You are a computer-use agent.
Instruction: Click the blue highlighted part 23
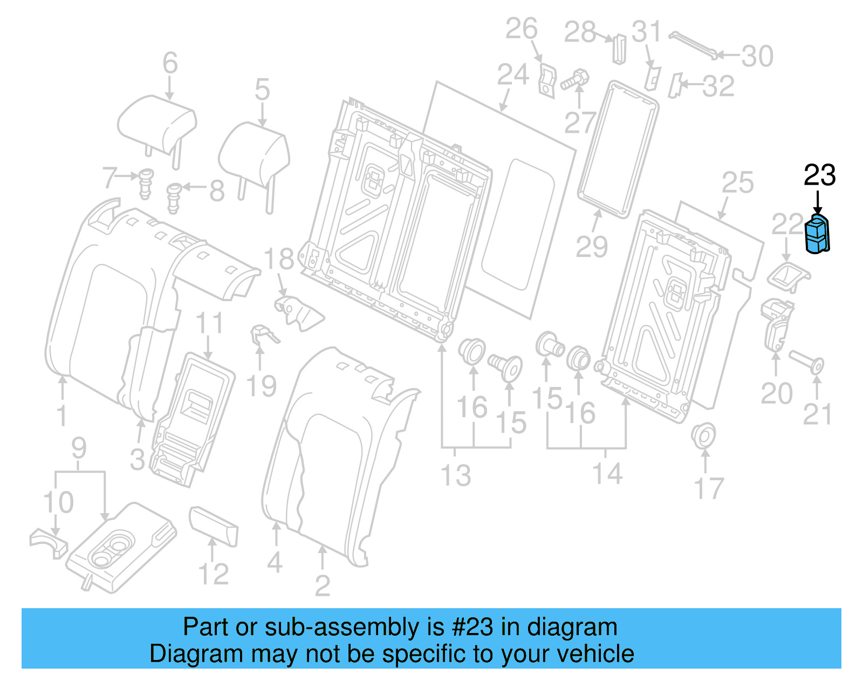(817, 234)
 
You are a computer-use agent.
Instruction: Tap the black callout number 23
(819, 175)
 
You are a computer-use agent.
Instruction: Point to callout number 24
(512, 75)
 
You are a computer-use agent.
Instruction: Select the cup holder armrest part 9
(121, 548)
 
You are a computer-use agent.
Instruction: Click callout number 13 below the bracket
(456, 475)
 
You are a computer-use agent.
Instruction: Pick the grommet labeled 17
(703, 435)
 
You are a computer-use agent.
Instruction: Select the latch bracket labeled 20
(776, 324)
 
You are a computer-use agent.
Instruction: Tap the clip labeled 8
(174, 197)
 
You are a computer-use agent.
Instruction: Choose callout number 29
(591, 247)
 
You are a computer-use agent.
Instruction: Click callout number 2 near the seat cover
(322, 586)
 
